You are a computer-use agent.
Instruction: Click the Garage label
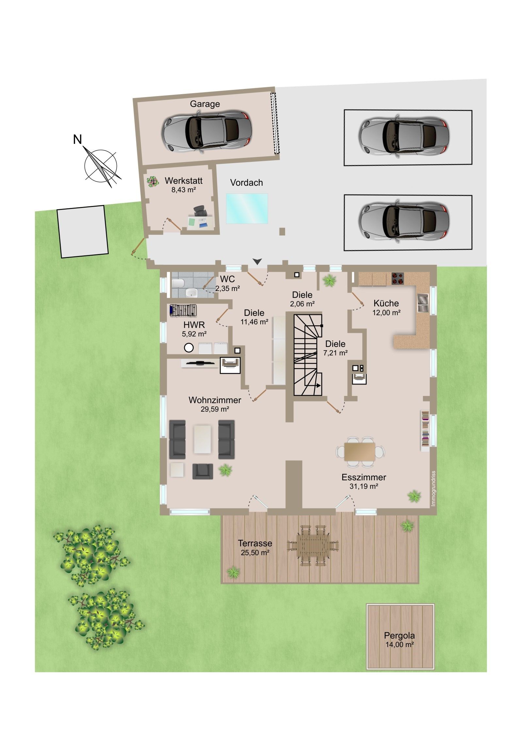point(205,104)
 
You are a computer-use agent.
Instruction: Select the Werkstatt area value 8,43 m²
point(184,190)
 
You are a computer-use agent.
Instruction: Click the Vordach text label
point(246,182)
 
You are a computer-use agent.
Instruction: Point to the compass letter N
point(77,140)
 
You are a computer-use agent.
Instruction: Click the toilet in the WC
point(177,282)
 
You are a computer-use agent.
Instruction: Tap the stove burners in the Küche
point(397,278)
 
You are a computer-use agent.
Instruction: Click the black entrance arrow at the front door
point(257,261)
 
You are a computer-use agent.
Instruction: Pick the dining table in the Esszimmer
point(360,452)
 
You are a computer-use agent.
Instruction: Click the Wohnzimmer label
point(215,400)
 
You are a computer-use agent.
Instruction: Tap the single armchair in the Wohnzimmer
point(203,471)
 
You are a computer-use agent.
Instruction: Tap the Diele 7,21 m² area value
point(335,353)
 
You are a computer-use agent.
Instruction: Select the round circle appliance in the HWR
point(189,348)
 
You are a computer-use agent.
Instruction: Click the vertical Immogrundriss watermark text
point(433,488)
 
